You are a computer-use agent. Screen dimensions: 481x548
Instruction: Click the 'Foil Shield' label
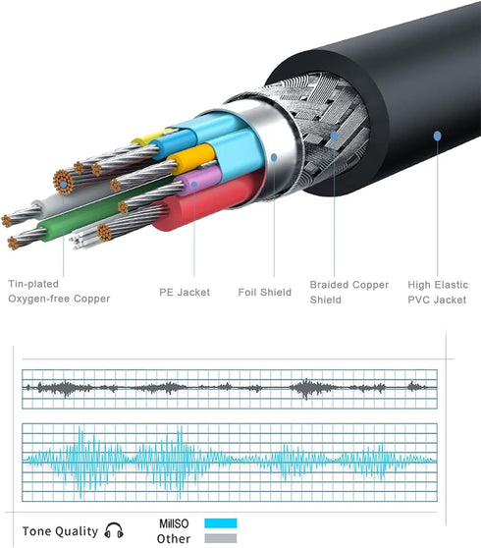(264, 293)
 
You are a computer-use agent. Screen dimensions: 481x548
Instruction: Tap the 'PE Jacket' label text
(185, 293)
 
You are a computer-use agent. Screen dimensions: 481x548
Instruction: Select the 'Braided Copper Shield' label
(348, 293)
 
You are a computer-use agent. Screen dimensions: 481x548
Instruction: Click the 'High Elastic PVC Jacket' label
(438, 293)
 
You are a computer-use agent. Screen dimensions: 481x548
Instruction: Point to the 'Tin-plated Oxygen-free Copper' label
(59, 291)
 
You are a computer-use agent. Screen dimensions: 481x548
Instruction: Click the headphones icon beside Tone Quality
(114, 530)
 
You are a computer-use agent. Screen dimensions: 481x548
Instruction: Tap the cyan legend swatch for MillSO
(221, 523)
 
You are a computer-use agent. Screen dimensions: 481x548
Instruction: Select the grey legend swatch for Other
(221, 538)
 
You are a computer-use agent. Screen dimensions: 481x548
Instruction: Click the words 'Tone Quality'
(60, 531)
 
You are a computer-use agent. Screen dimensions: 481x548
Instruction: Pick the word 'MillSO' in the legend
(174, 523)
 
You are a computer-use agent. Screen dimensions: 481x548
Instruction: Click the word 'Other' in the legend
(173, 538)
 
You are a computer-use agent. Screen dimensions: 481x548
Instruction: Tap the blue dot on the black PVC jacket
(438, 136)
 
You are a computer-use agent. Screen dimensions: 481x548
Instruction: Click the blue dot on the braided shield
(335, 136)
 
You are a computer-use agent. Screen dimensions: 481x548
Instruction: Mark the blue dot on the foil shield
(274, 157)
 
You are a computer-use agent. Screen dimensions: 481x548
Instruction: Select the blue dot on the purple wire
(194, 185)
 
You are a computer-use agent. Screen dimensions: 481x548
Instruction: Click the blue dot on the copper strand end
(63, 185)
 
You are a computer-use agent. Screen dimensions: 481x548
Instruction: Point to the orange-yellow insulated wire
(192, 158)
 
